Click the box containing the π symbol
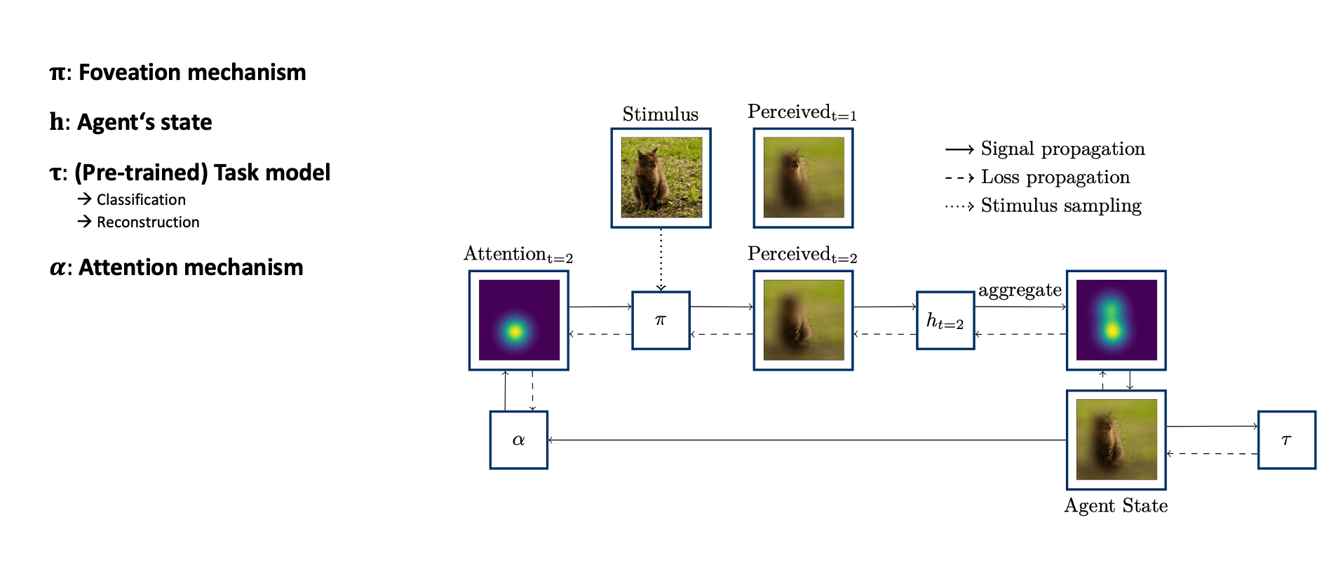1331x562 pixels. point(661,320)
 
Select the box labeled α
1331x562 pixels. point(518,440)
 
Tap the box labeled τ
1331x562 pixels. point(1286,440)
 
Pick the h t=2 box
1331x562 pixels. point(945,321)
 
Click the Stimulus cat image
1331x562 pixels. point(661,178)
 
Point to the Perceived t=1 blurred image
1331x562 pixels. point(803,178)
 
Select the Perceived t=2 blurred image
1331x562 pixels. point(803,320)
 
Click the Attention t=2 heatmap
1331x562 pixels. point(519,320)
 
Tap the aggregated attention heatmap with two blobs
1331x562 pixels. point(1116,320)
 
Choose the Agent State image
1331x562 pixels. point(1116,440)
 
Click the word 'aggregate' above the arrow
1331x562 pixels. point(1020,290)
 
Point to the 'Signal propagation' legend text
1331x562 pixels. point(1062,149)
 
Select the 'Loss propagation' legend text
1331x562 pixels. point(1055,178)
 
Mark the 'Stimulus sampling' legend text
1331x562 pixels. point(1060,206)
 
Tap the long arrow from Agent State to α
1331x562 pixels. point(806,440)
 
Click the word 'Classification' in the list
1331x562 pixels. point(141,200)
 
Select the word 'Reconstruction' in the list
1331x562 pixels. point(148,222)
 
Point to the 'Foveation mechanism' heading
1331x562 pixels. point(191,72)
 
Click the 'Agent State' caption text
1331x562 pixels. point(1116,506)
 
